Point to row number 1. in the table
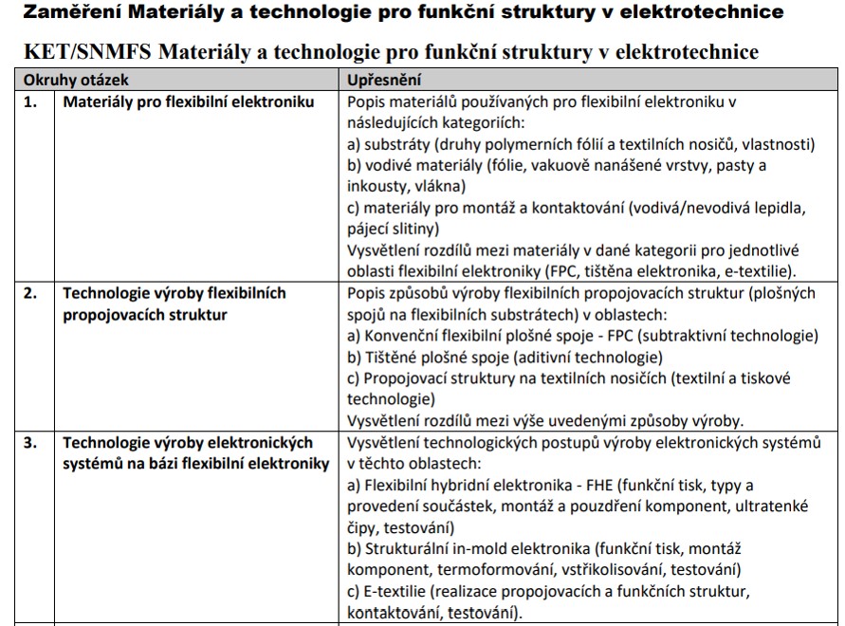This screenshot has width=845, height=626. [32, 101]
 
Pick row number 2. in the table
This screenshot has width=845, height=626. [32, 294]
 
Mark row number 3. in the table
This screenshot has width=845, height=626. [32, 443]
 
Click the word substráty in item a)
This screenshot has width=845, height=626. [399, 144]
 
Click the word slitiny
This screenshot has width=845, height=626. [413, 229]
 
